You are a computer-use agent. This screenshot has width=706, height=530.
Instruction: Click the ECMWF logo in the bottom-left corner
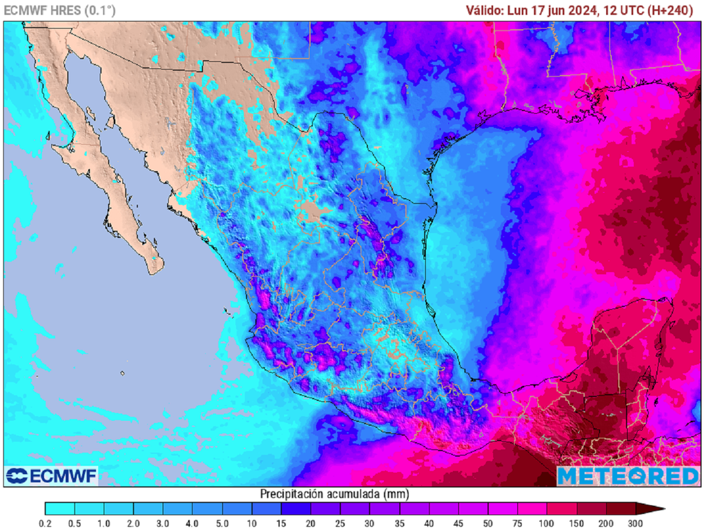pyautogui.click(x=52, y=475)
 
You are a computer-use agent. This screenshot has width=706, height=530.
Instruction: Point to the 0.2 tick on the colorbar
pyautogui.click(x=45, y=524)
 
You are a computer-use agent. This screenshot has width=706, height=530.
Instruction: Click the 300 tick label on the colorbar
pyautogui.click(x=636, y=524)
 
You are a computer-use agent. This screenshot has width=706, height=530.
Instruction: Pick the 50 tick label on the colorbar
pyautogui.click(x=488, y=524)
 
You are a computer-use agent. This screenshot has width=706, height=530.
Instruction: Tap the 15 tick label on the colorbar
pyautogui.click(x=281, y=524)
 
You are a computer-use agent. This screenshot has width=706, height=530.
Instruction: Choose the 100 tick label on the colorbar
pyautogui.click(x=547, y=524)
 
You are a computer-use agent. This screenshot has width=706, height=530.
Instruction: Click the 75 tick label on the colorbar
pyautogui.click(x=518, y=524)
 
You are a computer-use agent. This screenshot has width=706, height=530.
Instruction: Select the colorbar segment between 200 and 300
pyautogui.click(x=621, y=509)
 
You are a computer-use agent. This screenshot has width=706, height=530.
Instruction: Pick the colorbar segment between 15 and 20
pyautogui.click(x=296, y=509)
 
